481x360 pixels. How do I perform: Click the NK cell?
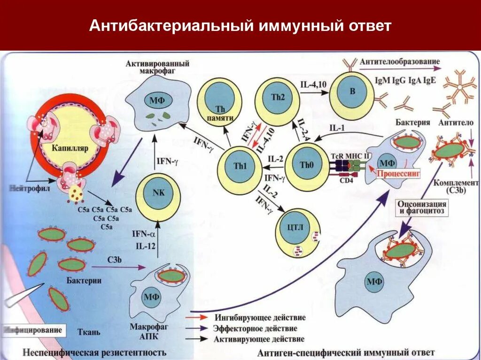pyautogui.click(x=157, y=197)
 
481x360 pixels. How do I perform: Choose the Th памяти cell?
pyautogui.click(x=219, y=101)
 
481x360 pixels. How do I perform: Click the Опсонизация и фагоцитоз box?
pyautogui.click(x=422, y=207)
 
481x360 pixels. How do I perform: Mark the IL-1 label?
pyautogui.click(x=335, y=127)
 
